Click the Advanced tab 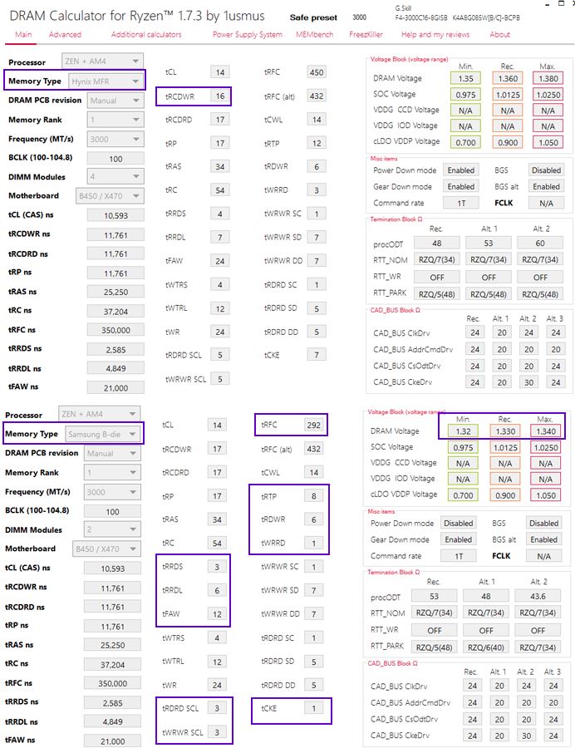(65, 35)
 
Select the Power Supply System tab (247, 35)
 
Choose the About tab (499, 35)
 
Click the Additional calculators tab (146, 35)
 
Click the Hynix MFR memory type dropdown (102, 81)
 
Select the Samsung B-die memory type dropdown (102, 434)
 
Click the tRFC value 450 (316, 72)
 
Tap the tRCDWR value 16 (219, 96)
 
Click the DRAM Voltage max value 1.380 (546, 78)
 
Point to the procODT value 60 (540, 244)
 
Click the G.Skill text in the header (403, 7)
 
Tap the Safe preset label (315, 17)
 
